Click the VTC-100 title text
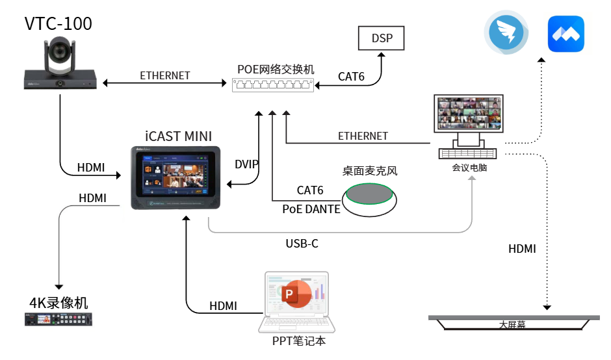click(x=58, y=24)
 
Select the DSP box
click(x=382, y=38)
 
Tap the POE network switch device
click(x=272, y=84)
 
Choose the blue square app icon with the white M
click(x=565, y=34)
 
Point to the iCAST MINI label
click(x=178, y=136)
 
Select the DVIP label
click(x=247, y=164)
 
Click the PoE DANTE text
click(x=311, y=209)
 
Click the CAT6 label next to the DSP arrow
click(x=351, y=77)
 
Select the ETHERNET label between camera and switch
click(x=165, y=75)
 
